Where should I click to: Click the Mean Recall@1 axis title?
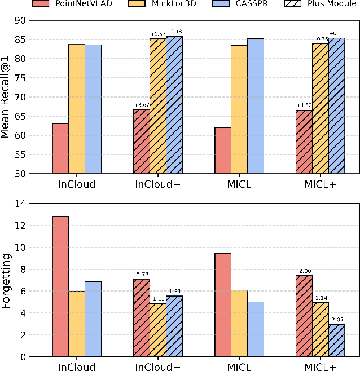pos(7,97)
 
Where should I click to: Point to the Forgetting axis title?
pos(7,280)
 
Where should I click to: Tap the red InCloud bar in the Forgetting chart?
pos(60,286)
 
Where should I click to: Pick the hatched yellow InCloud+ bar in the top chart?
pos(158,106)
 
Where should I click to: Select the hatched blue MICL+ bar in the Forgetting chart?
pos(337,341)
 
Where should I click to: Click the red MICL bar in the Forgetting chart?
pos(223,305)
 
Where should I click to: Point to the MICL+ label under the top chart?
pos(321,184)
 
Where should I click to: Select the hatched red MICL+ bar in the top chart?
pos(304,142)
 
